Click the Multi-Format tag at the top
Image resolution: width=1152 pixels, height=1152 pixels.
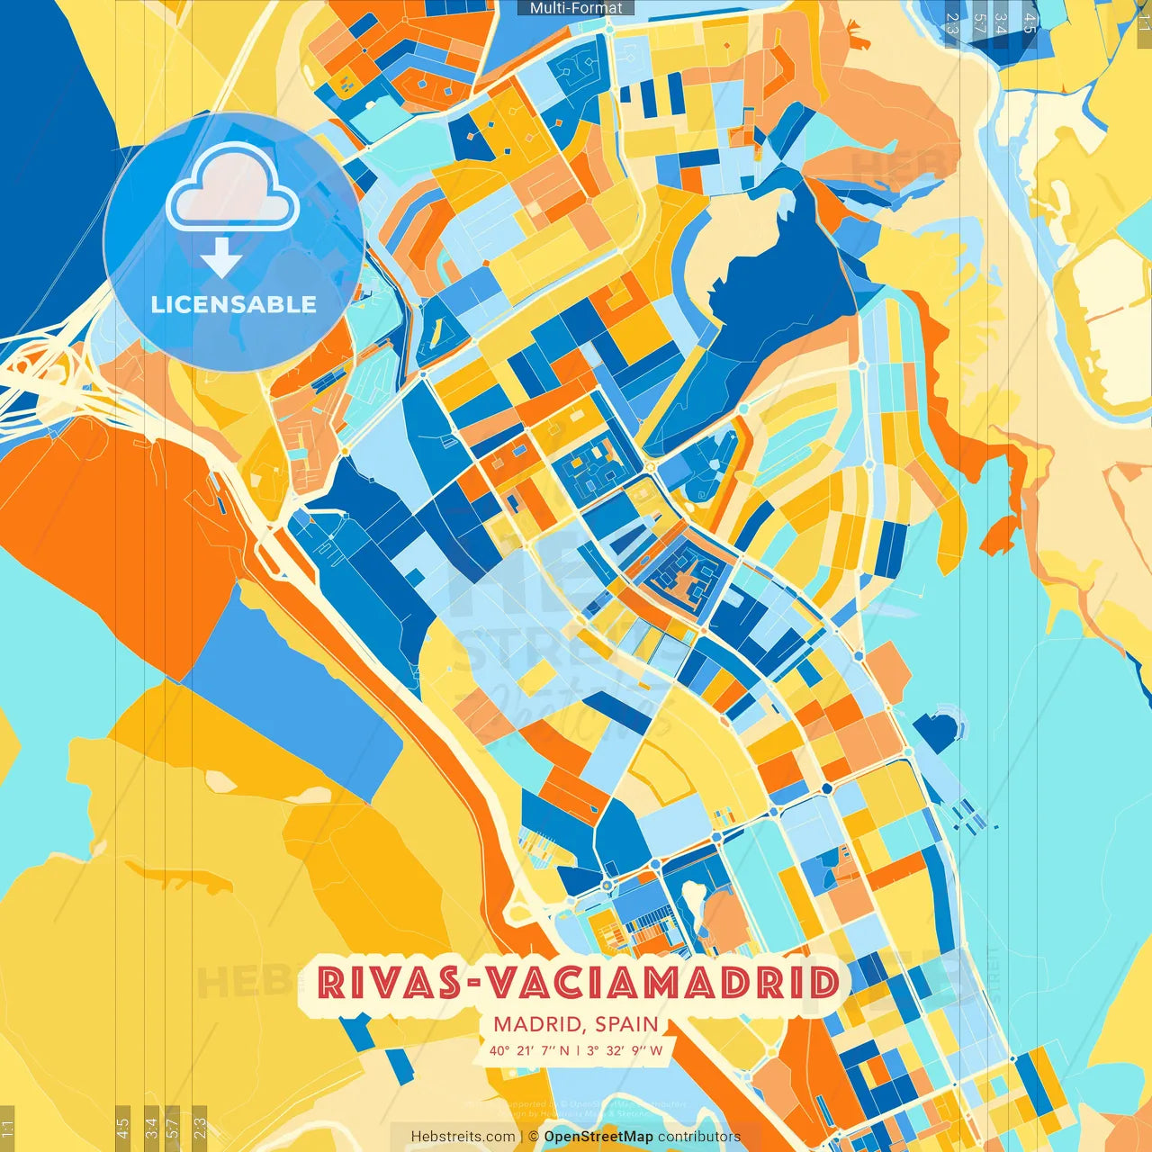576,8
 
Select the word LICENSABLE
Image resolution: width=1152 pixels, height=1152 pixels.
234,304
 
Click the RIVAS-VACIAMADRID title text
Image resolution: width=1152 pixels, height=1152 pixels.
578,984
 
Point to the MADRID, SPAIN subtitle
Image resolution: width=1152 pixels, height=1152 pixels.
576,1024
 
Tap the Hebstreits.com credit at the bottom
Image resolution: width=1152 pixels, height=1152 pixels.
463,1137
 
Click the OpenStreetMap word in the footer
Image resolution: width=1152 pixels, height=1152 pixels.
598,1137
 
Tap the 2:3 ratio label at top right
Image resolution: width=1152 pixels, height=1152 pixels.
952,22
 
